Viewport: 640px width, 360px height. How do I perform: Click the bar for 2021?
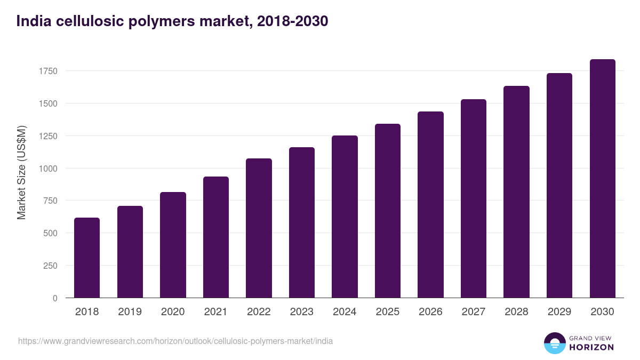coord(216,237)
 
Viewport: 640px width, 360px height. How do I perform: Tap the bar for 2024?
coord(345,217)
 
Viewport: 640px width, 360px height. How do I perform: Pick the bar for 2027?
coord(474,198)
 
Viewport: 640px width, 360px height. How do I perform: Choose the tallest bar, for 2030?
coord(602,179)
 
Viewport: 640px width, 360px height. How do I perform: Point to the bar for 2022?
coord(259,228)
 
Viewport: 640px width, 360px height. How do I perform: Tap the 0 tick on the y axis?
coord(55,298)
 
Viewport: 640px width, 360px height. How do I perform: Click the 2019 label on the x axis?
coord(130,312)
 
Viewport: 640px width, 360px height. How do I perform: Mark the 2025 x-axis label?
coord(387,312)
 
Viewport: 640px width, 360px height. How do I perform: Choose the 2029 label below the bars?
coord(559,312)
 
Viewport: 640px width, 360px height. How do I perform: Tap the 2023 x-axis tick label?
coord(301,312)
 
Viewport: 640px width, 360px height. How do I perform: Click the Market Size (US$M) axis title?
coord(21,172)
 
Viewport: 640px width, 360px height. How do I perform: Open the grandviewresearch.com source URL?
coord(175,341)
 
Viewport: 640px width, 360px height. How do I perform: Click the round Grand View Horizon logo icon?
coord(554,343)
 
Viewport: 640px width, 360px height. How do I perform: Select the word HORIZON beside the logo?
coord(591,347)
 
